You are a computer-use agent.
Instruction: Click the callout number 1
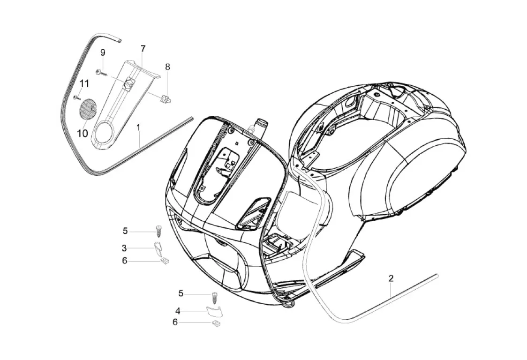point(138,127)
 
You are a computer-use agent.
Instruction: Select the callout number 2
point(391,278)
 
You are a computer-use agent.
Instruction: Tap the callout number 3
point(124,247)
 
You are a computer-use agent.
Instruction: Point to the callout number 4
point(178,310)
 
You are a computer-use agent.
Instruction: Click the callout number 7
point(143,48)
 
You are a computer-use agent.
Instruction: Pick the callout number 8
point(167,67)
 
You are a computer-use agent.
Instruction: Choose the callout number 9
point(103,52)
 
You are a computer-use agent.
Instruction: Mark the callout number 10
point(83,133)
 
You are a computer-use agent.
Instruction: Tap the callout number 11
point(84,83)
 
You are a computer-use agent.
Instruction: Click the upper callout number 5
point(125,231)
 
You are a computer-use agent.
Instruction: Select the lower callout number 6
point(175,322)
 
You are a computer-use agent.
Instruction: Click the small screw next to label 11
point(76,97)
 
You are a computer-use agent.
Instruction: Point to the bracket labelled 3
point(158,247)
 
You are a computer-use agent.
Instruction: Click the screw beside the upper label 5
point(158,231)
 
